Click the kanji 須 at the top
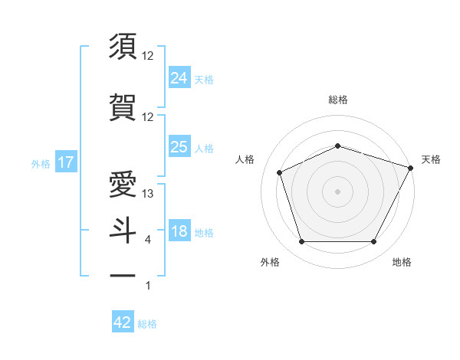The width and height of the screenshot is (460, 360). point(123,46)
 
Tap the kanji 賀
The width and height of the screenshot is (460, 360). point(123,106)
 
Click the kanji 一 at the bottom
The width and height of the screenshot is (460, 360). point(123,275)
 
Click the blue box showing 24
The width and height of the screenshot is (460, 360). point(179,77)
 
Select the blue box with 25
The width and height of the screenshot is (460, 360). point(179,147)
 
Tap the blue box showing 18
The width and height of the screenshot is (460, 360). point(179,231)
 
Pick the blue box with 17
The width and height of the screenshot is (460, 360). point(66,162)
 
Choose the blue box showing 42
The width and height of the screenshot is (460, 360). point(123,322)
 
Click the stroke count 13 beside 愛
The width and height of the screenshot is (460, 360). point(148,194)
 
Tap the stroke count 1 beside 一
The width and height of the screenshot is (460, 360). point(148,286)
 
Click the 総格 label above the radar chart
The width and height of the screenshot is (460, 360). point(338,100)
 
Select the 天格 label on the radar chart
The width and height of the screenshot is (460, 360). point(431,159)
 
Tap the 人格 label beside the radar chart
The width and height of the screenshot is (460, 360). point(245,159)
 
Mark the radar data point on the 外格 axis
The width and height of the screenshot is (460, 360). point(301,242)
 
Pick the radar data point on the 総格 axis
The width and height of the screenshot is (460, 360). point(338,146)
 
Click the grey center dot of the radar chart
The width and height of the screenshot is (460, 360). point(338,191)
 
